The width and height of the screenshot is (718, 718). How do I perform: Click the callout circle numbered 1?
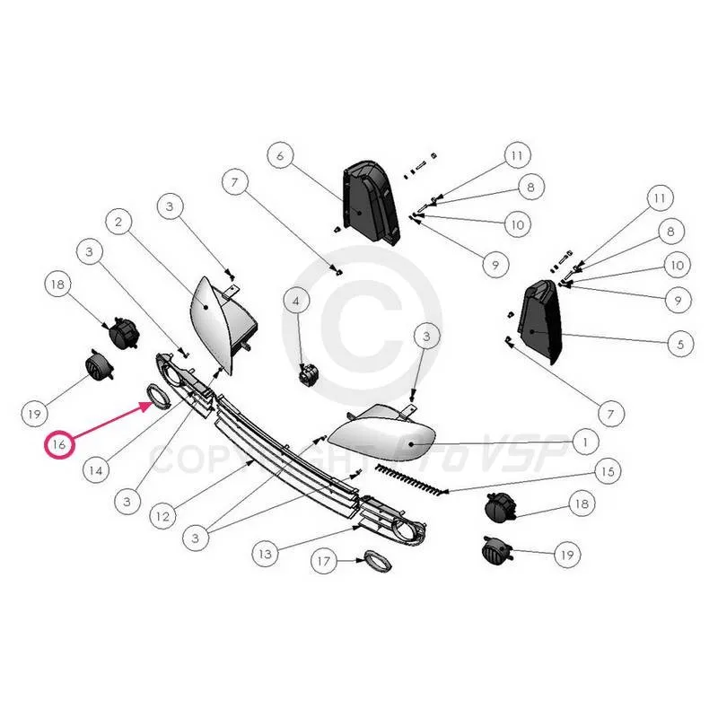585,442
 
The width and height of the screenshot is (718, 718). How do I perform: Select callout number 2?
118,222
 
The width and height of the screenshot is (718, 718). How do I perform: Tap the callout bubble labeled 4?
296,301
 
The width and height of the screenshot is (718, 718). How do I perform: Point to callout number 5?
680,344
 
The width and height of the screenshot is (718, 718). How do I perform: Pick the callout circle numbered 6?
280,155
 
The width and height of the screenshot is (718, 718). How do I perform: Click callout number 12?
163,517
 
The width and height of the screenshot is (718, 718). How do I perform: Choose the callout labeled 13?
266,554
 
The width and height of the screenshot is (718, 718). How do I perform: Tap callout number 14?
96,469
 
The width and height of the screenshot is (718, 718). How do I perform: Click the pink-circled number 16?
59,444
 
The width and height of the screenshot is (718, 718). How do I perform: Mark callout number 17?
324,560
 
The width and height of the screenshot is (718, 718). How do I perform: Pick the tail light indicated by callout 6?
370,201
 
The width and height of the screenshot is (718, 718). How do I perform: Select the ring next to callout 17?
377,562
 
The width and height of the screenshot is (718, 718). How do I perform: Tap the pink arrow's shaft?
108,422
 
